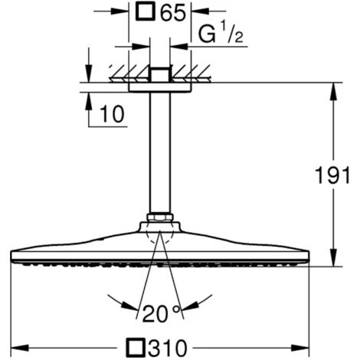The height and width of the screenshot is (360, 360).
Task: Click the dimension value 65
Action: pyautogui.click(x=172, y=12)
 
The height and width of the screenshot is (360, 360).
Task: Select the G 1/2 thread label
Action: pyautogui.click(x=221, y=34)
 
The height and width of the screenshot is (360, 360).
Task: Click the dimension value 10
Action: pyautogui.click(x=112, y=114)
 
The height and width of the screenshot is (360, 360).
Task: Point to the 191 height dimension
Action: pyautogui.click(x=332, y=175)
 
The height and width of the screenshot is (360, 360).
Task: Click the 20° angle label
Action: pyautogui.click(x=162, y=314)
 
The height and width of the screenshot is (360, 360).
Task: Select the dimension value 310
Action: pyautogui.click(x=168, y=348)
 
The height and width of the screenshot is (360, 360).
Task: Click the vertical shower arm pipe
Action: pyautogui.click(x=160, y=152)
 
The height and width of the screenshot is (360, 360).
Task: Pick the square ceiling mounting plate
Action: pyautogui.click(x=160, y=87)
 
